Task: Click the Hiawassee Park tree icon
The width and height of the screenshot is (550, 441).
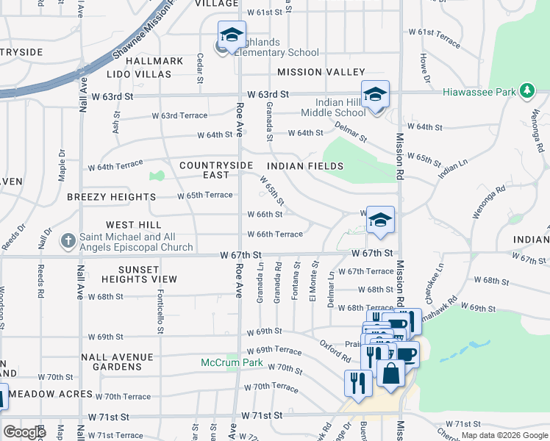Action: click(x=526, y=91)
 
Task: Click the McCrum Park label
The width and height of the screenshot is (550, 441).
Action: click(x=232, y=362)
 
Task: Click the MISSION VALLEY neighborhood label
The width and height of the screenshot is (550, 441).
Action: click(x=321, y=72)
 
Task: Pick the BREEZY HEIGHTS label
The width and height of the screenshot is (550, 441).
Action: click(x=111, y=197)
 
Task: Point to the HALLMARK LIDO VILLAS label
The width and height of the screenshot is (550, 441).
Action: click(x=148, y=68)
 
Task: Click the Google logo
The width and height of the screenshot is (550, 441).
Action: click(x=24, y=431)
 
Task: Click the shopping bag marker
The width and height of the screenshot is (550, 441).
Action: click(x=391, y=372)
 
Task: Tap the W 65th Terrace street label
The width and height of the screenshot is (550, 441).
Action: click(x=206, y=195)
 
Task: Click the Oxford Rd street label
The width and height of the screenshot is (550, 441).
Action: click(x=335, y=350)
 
